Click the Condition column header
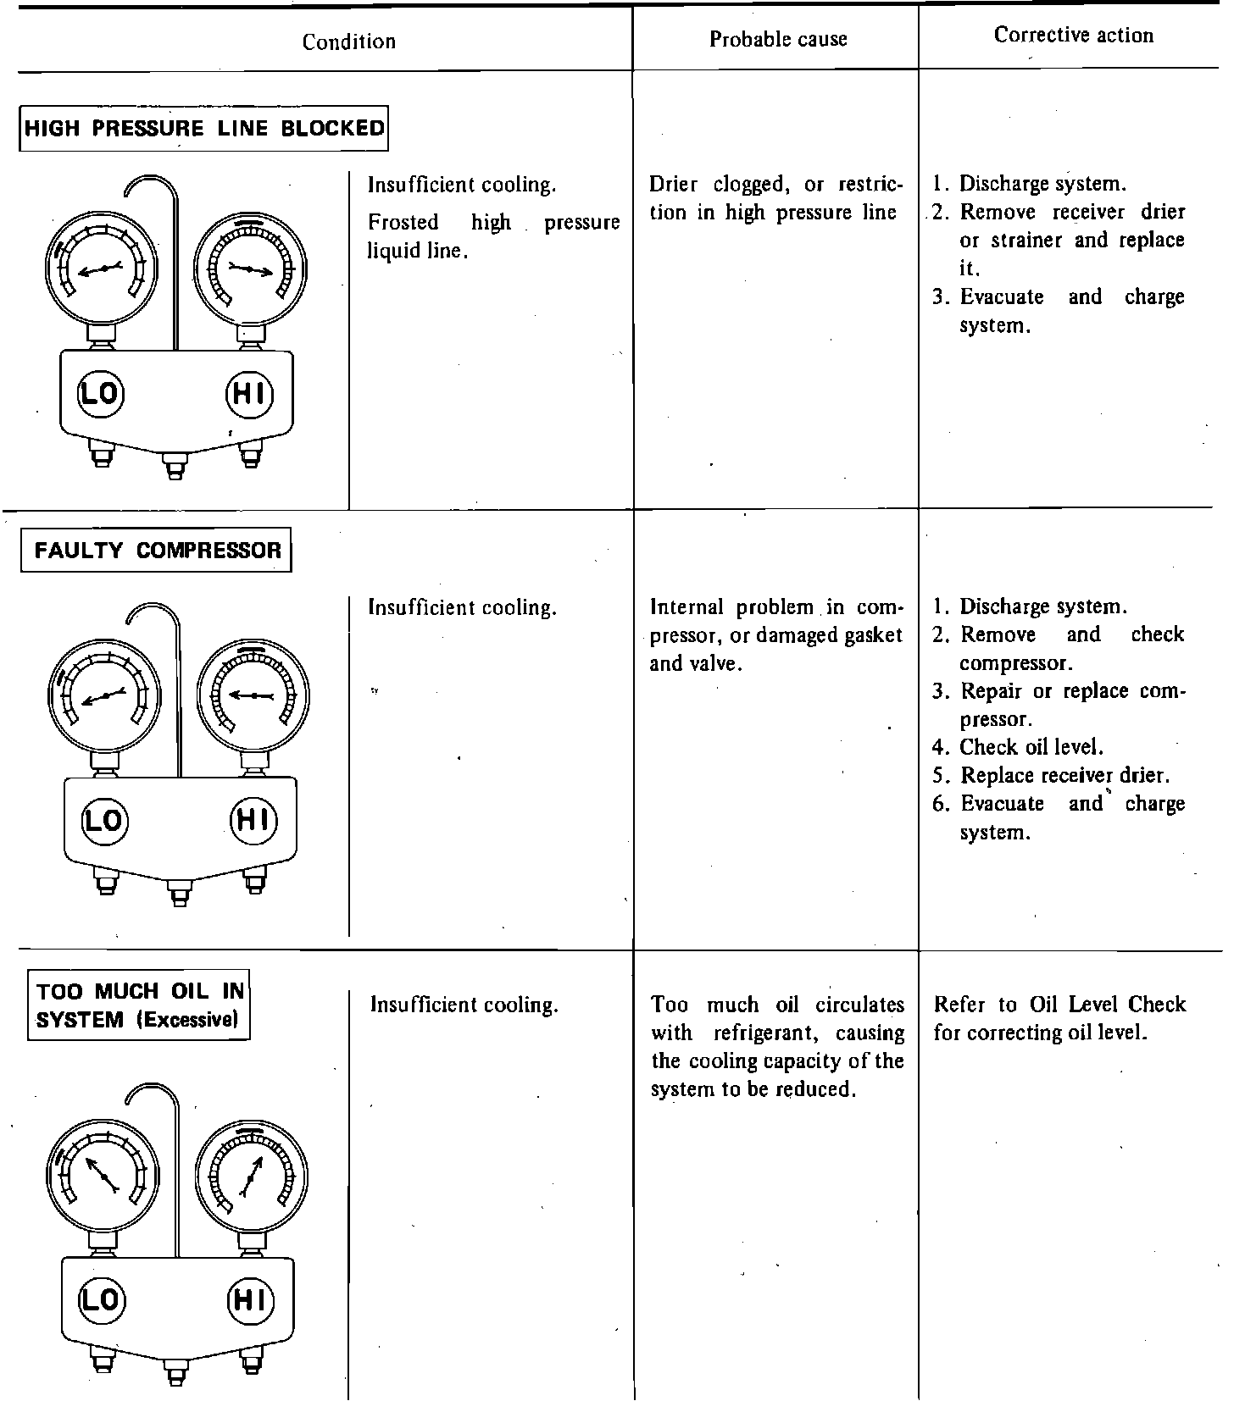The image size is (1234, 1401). [x=348, y=42]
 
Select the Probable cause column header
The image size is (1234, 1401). [x=777, y=39]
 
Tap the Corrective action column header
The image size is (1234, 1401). [x=1073, y=36]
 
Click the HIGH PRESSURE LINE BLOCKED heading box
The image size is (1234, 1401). [x=203, y=129]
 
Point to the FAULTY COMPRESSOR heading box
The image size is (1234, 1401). [x=157, y=551]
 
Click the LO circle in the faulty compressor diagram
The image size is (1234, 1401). [x=104, y=820]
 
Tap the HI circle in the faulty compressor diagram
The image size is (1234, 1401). [x=253, y=820]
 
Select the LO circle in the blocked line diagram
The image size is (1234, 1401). [x=100, y=393]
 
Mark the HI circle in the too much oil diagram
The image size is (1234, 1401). [x=250, y=1299]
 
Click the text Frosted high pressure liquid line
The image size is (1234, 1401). [x=493, y=236]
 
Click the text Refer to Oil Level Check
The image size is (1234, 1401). [x=1059, y=1005]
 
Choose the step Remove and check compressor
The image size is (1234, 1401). [x=1058, y=648]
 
